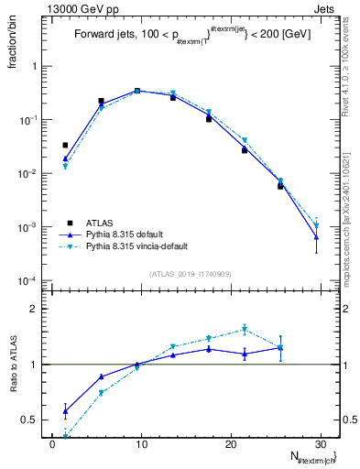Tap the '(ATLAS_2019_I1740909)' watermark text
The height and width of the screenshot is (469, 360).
point(191,274)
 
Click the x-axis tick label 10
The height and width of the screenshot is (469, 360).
point(140,445)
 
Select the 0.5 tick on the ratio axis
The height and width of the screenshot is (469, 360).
point(36,420)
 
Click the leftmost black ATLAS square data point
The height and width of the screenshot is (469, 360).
point(65,145)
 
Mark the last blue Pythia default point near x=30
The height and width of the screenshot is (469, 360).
point(316,237)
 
